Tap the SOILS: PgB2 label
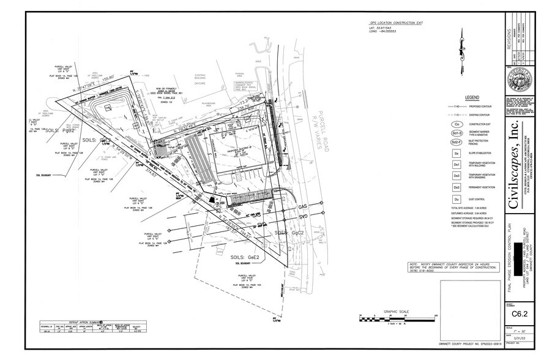[x=60, y=131]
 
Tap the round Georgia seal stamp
[x=518, y=83]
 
